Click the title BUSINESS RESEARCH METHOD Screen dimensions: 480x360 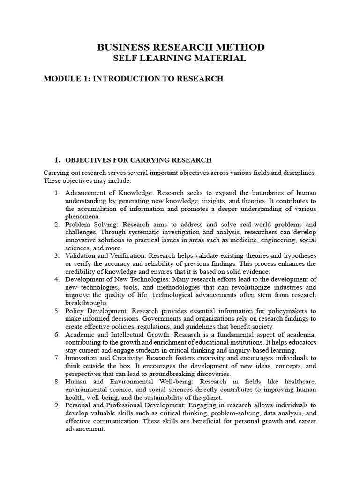pyautogui.click(x=180, y=47)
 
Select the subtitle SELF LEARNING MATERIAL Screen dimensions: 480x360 pyautogui.click(x=180, y=59)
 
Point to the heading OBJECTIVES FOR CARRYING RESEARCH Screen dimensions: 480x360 pyautogui.click(x=138, y=160)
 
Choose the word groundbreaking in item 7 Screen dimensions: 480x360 pyautogui.click(x=163, y=374)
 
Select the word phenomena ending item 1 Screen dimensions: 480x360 pyautogui.click(x=82, y=217)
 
